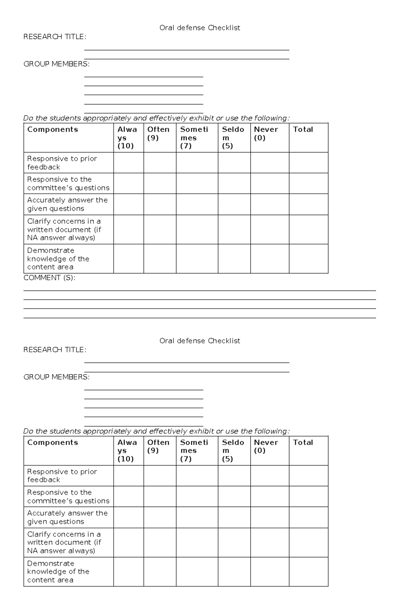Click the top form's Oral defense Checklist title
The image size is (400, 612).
click(200, 28)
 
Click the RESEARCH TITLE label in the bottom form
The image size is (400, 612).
click(55, 350)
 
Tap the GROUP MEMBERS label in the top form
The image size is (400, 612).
click(56, 64)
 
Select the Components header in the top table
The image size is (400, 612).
click(53, 129)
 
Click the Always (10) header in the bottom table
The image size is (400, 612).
click(127, 451)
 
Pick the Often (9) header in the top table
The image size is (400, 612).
click(158, 133)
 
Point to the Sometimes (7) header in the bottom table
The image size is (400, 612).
click(194, 451)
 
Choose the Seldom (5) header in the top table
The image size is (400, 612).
click(233, 137)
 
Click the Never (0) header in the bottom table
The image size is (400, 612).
click(266, 446)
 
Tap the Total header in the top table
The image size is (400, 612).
click(303, 129)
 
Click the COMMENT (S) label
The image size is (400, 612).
click(49, 278)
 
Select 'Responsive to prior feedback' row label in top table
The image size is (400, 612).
click(62, 163)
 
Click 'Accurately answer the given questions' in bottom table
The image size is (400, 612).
click(67, 517)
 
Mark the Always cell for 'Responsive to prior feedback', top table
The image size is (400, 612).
click(129, 163)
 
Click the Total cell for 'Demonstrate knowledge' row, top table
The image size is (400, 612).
click(308, 259)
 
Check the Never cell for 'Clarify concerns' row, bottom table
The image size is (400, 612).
click(270, 542)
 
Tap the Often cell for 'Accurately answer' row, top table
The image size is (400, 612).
click(160, 204)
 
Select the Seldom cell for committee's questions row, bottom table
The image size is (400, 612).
click(234, 496)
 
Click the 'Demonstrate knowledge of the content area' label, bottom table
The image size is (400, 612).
click(58, 572)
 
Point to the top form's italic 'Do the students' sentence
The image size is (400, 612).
click(156, 118)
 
